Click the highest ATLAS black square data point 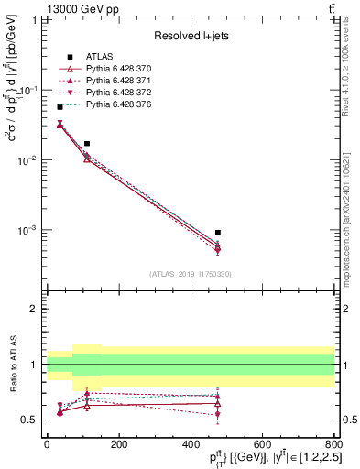(x=60, y=107)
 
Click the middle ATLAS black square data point (x=87, y=144)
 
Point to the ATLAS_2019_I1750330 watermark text (x=191, y=274)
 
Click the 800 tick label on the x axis (x=333, y=444)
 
